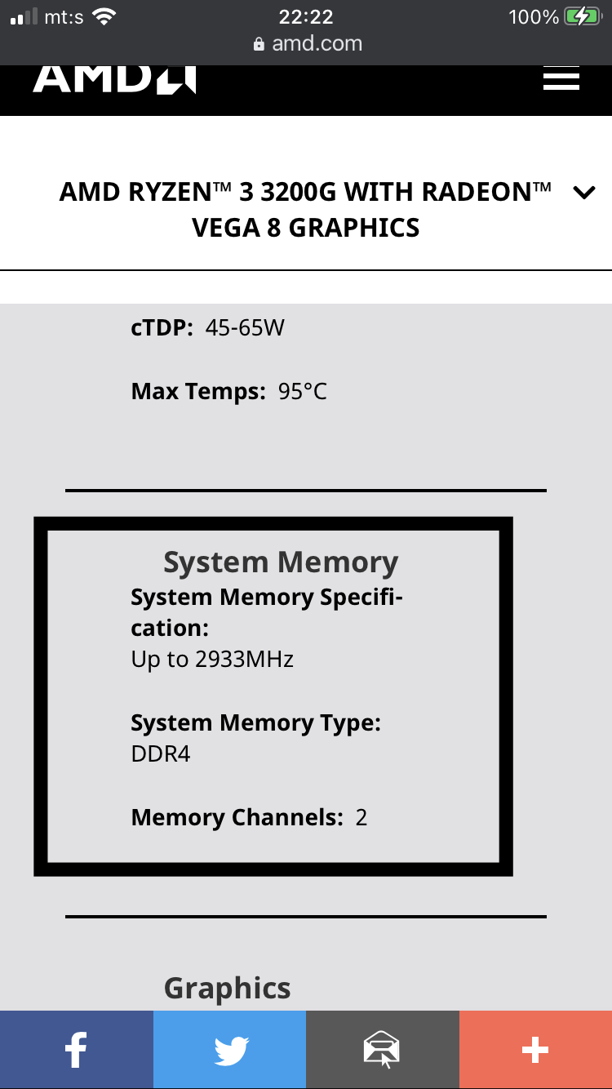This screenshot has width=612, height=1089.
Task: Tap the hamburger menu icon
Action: (x=561, y=78)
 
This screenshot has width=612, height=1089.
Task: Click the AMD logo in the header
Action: (x=114, y=79)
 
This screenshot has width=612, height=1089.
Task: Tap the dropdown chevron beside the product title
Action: (x=584, y=193)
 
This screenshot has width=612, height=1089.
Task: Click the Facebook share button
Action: (x=76, y=1050)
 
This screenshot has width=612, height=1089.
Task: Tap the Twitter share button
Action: (x=229, y=1050)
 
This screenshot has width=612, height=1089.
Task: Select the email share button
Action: (x=382, y=1050)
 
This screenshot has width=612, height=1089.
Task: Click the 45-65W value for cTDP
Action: (x=245, y=328)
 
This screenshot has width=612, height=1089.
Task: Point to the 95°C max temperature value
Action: (x=303, y=392)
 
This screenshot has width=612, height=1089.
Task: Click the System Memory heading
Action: (x=281, y=562)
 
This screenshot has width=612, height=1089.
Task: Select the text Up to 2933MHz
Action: (x=212, y=660)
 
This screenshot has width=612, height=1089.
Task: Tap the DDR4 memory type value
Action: (x=161, y=753)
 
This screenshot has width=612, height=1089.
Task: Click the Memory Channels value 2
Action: (x=361, y=817)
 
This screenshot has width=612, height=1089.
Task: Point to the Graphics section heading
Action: (x=228, y=988)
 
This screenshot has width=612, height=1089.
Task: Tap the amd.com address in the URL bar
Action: (x=317, y=43)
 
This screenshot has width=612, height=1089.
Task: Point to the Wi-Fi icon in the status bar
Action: (x=104, y=16)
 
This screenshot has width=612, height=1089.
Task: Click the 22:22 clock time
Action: (x=306, y=16)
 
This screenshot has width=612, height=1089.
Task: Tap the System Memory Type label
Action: (x=256, y=723)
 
